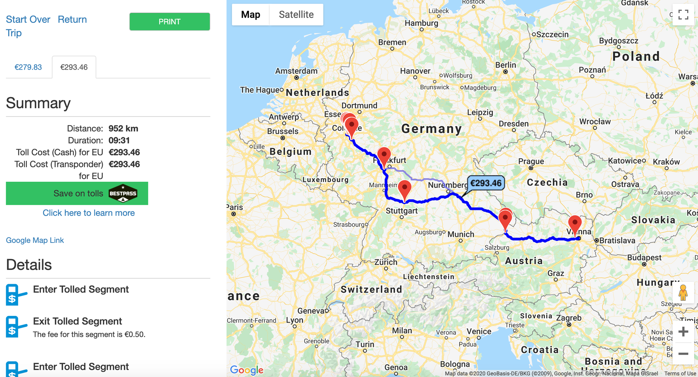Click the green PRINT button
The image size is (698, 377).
[x=169, y=22]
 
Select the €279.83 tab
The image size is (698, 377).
[x=28, y=67]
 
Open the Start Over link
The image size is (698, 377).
[x=28, y=19]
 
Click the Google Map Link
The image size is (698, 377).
[x=35, y=240]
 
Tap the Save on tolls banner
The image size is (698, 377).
[x=77, y=193]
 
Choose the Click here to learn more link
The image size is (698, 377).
[x=89, y=213]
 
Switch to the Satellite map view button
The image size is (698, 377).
[x=296, y=15]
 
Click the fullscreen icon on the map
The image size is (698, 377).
[x=683, y=15]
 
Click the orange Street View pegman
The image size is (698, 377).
[x=683, y=293]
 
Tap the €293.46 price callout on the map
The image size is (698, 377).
[x=486, y=183]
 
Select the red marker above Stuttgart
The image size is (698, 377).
[x=404, y=189]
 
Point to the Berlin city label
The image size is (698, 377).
[x=506, y=65]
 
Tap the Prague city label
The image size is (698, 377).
[x=531, y=161]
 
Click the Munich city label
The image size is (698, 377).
[x=461, y=234]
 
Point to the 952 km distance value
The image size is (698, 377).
[x=123, y=128]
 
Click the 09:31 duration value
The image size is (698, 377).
[x=119, y=140]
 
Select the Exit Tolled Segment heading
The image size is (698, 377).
[x=77, y=321]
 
